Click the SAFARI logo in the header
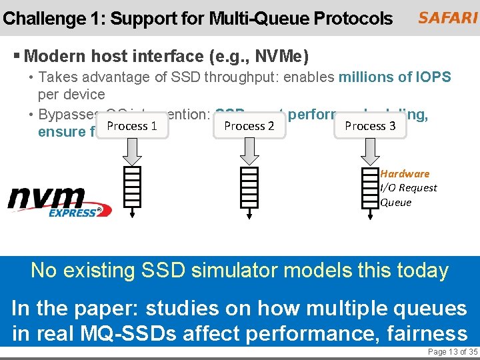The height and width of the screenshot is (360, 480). coord(447,18)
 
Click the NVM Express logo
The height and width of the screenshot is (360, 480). coord(59,202)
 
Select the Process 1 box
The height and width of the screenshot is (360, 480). coord(132,126)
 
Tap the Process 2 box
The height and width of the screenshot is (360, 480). coord(249,126)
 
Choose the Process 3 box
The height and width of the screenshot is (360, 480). coord(370,126)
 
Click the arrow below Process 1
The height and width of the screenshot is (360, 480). coord(132,153)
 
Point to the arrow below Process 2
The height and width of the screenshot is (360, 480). coord(249,153)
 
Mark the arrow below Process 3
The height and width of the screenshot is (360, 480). coord(370,153)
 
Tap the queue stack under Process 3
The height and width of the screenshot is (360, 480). coord(370,187)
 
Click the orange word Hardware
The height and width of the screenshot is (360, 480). coord(405,174)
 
